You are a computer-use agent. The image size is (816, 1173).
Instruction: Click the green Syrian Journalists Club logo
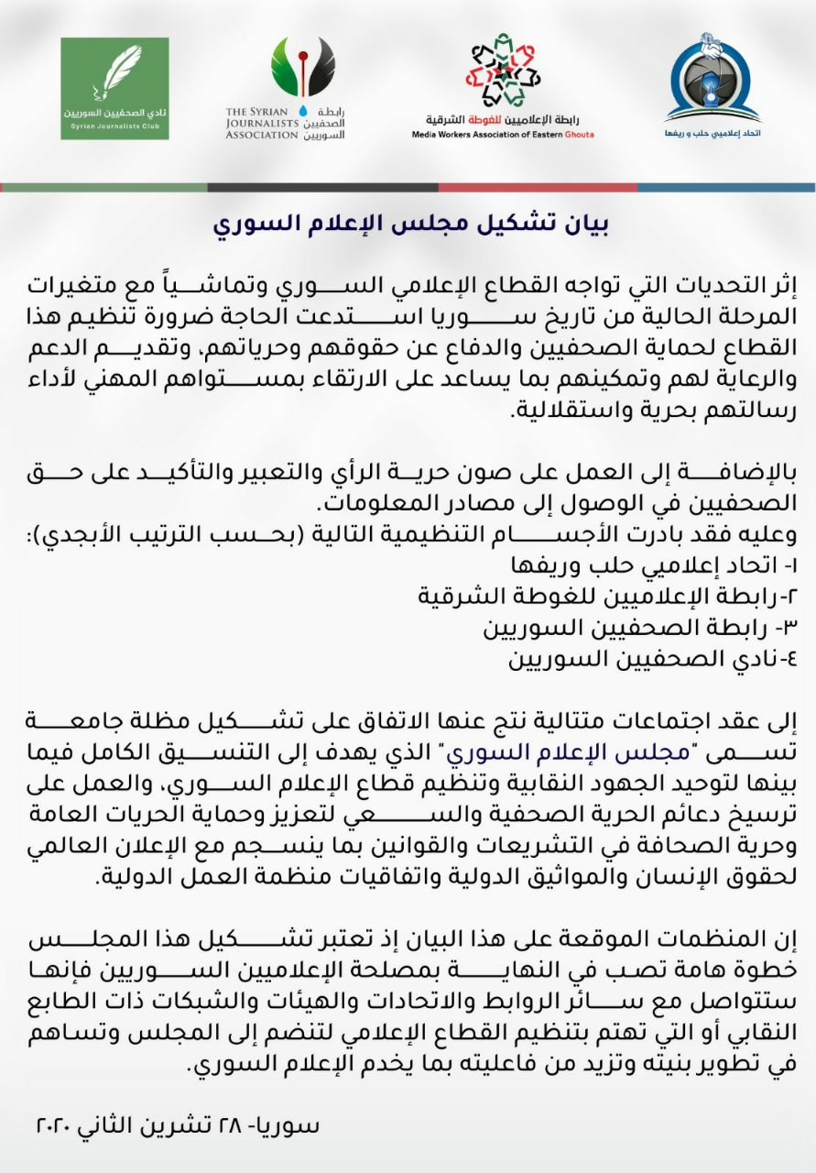[114, 88]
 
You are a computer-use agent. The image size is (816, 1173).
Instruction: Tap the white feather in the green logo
[118, 72]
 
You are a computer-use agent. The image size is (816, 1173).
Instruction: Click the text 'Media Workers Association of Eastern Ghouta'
[503, 135]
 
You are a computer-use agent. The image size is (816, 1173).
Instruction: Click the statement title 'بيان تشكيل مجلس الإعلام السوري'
[411, 224]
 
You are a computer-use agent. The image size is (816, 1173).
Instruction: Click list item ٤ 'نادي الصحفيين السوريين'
[642, 659]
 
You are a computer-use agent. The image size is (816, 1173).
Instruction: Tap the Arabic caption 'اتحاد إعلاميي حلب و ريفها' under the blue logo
[713, 132]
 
